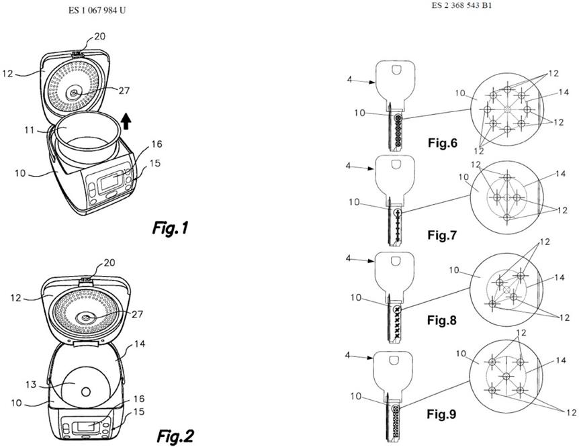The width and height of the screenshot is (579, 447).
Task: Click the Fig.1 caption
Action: click(170, 228)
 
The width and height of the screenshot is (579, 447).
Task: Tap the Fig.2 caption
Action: click(175, 436)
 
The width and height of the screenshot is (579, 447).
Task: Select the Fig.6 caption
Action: click(443, 142)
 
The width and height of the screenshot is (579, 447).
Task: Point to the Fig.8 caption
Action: click(442, 320)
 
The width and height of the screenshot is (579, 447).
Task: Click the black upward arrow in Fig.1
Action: click(126, 121)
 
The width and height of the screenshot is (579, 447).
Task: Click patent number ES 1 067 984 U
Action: click(97, 10)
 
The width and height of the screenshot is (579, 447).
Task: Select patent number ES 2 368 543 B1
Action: click(461, 5)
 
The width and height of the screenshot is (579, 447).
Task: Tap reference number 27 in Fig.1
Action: click(124, 90)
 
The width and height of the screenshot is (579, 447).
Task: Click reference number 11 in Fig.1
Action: click(29, 130)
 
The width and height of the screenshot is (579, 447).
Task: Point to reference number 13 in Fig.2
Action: click(31, 385)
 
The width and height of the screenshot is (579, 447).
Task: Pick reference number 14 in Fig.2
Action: click(140, 344)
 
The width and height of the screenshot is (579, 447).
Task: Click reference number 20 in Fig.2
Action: click(109, 262)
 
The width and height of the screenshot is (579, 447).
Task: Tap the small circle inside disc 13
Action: click(86, 392)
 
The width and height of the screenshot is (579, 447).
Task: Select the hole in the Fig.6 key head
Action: click(396, 69)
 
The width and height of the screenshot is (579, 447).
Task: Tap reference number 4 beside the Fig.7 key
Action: click(349, 166)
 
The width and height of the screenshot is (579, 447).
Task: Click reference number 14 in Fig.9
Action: click(561, 360)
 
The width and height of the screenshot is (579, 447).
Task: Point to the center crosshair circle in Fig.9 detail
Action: click(506, 376)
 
